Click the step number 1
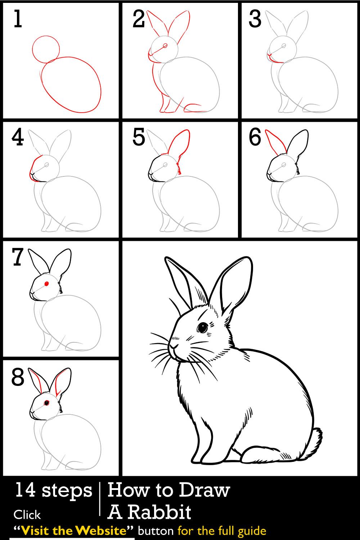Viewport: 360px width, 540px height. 17,19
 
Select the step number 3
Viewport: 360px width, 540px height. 255,19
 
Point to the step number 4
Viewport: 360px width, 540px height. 18,138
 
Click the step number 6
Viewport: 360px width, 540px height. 255,138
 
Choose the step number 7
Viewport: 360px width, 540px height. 18,257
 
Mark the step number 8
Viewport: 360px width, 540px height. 18,377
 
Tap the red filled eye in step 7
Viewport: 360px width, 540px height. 46,284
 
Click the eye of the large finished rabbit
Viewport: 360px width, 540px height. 202,328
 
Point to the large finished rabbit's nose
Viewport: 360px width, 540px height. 174,346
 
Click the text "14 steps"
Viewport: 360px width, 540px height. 53,490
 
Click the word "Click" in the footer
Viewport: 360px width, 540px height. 27,515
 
